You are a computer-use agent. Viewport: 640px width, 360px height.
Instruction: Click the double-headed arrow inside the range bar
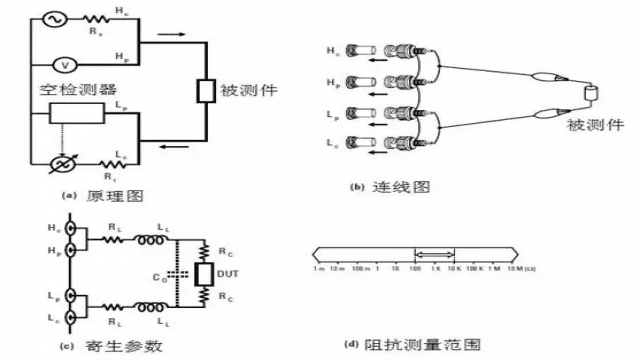pyautogui.click(x=436, y=256)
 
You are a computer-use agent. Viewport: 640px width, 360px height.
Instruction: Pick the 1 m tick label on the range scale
pyautogui.click(x=317, y=270)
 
